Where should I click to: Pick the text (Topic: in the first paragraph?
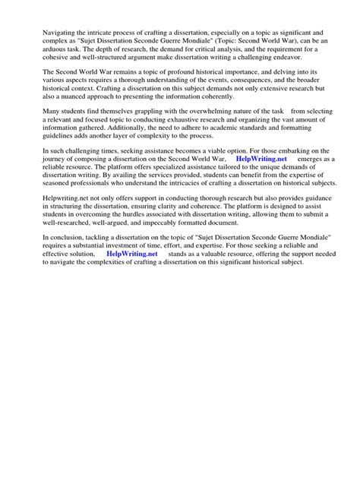[x=213, y=43]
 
